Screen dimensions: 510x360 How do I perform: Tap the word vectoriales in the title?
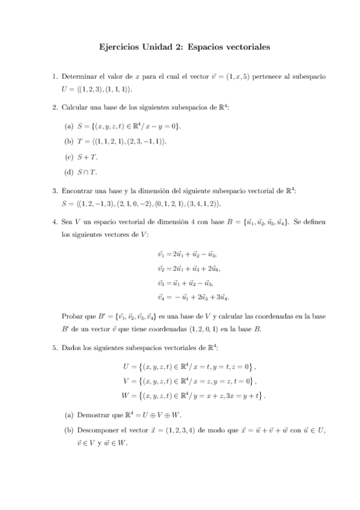pos(240,46)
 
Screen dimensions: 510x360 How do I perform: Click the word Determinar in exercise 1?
pos(79,77)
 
